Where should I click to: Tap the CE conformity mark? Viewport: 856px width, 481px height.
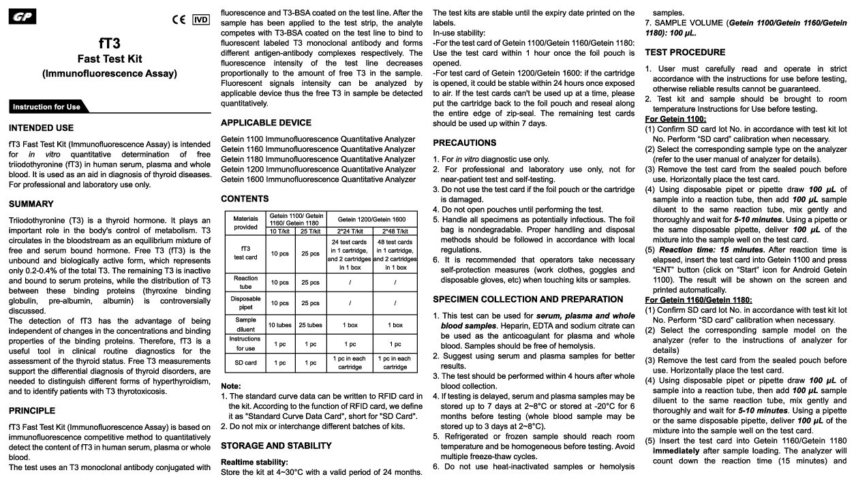179,20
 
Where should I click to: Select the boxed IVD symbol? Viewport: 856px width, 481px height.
201,20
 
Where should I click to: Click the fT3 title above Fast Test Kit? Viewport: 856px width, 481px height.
109,44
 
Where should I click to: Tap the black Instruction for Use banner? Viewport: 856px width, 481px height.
46,106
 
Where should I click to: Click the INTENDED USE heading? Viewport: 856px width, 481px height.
41,127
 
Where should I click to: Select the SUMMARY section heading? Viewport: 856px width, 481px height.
31,204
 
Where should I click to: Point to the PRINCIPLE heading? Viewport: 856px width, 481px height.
32,411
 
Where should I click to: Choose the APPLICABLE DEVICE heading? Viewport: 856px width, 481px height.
266,123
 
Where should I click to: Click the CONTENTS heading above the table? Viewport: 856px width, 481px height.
245,199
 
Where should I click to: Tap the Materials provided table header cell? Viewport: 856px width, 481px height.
245,222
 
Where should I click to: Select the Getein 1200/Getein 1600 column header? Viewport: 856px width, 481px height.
371,219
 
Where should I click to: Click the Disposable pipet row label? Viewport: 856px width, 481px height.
245,303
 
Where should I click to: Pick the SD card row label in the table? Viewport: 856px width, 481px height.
245,363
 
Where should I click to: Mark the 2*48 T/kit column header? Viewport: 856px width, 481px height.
395,231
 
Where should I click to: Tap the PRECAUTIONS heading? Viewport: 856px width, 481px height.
465,142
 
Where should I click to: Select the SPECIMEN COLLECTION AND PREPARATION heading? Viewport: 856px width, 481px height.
528,299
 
